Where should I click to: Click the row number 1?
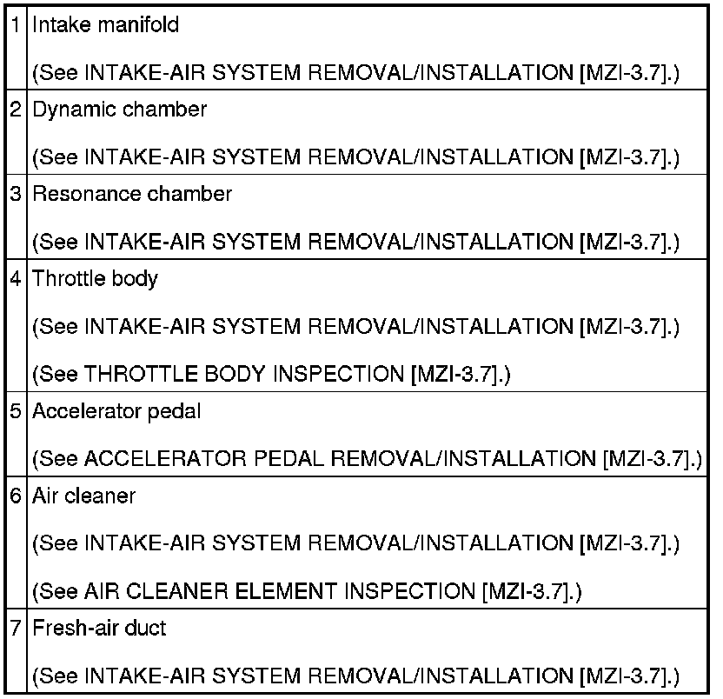pos(16,24)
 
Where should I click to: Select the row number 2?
pos(16,110)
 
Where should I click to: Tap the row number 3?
pos(16,194)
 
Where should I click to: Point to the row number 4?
pos(16,279)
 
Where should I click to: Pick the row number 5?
pos(16,410)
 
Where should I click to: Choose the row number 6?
pos(16,496)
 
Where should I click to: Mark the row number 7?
pos(16,627)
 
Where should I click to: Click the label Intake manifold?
pos(106,24)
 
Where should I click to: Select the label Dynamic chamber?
pos(120,110)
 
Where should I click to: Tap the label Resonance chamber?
pos(132,194)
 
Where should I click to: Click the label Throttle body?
pos(96,279)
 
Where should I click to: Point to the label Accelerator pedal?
pos(116,410)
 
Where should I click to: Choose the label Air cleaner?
pos(84,496)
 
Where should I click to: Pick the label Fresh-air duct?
pos(99,627)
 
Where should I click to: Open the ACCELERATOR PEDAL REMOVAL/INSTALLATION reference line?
pos(366,458)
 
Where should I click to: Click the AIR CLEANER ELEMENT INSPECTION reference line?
pos(307,592)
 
